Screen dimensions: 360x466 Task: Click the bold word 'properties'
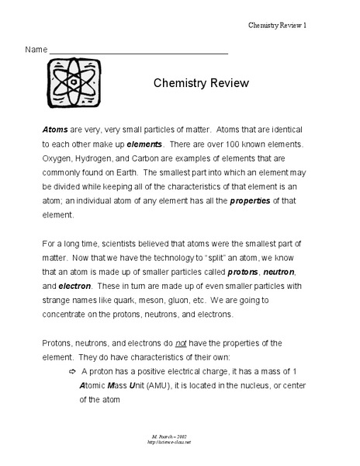250,202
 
